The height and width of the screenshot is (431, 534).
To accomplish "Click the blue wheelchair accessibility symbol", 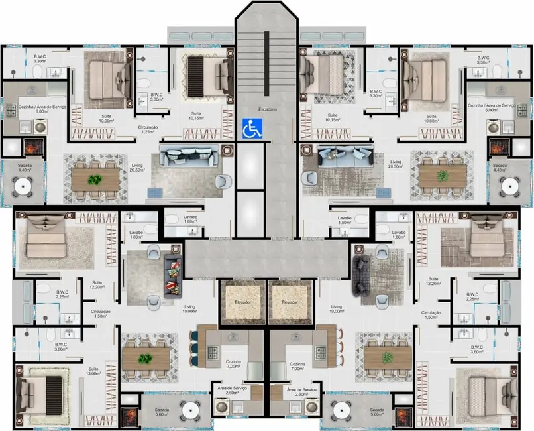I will [x=252, y=127].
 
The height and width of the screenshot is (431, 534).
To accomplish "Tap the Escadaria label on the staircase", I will [x=268, y=109].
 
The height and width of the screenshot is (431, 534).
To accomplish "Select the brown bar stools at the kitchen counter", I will [x=339, y=347].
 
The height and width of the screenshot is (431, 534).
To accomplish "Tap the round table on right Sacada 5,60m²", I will [x=339, y=408].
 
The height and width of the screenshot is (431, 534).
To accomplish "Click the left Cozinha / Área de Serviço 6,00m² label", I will [x=28, y=107].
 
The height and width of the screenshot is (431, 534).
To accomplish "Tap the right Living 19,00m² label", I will [x=337, y=310].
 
